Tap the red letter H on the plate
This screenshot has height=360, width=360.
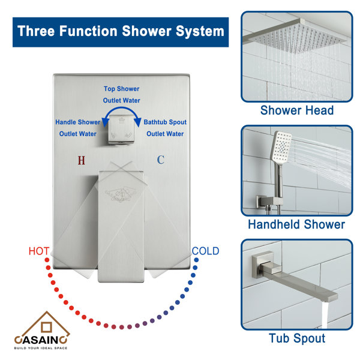(x=82, y=160)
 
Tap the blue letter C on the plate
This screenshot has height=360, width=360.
(x=160, y=160)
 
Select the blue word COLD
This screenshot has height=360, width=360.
(x=205, y=251)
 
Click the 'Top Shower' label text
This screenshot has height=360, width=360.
(x=122, y=88)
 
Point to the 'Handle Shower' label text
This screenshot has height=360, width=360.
(x=78, y=122)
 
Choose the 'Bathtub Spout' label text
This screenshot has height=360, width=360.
(x=165, y=122)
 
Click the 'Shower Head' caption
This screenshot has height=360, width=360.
(x=297, y=110)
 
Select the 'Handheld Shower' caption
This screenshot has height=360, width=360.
(x=297, y=224)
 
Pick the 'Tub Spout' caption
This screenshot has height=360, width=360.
(x=297, y=338)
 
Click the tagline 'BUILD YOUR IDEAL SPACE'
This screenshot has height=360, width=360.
(x=41, y=348)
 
